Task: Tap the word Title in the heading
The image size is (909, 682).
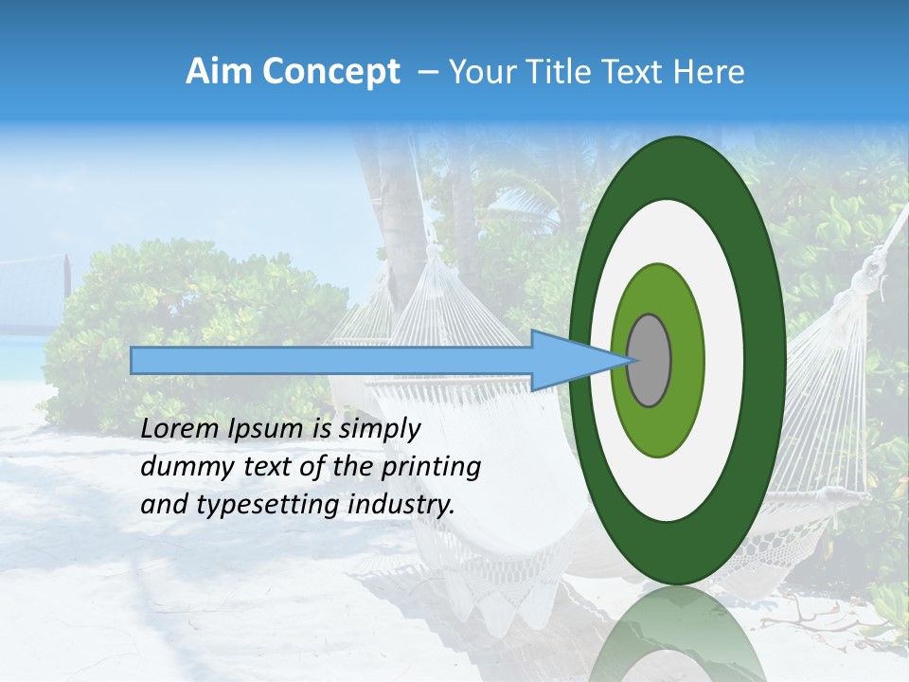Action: tap(559, 72)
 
